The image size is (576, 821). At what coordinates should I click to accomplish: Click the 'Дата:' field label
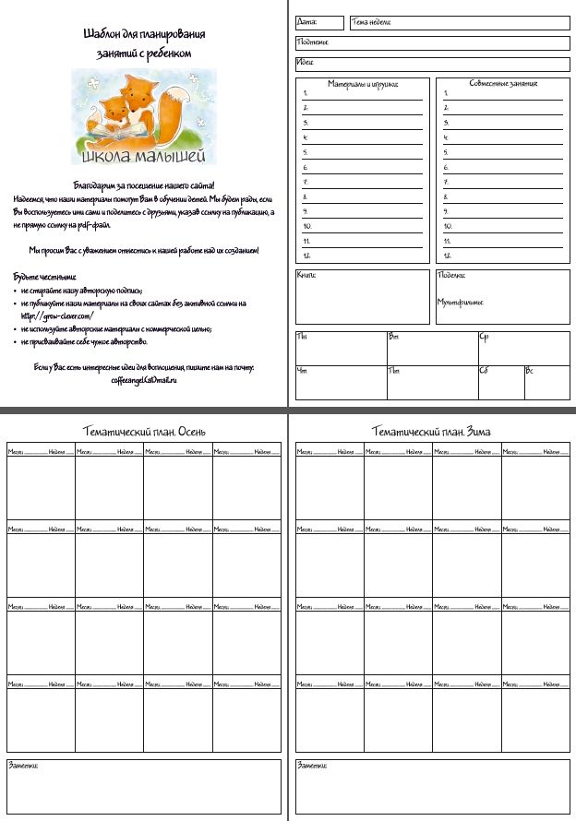coord(307,21)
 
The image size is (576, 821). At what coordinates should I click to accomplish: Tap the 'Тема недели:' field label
coord(371,21)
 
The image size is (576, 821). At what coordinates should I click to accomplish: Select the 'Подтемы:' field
coord(312,42)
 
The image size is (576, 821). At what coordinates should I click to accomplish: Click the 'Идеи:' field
coord(306,63)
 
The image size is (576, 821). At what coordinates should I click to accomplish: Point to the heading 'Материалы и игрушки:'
coord(363,84)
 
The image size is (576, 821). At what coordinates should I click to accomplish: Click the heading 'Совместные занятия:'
coord(503,84)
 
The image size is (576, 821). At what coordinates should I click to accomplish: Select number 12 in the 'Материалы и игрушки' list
coord(306,255)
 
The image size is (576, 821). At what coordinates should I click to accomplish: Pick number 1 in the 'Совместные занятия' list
coord(445,93)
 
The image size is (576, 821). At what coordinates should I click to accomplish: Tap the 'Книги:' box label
coord(306,275)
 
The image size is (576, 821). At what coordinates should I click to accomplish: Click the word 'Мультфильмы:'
coord(460,302)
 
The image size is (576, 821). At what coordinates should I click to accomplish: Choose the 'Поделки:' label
coord(451,275)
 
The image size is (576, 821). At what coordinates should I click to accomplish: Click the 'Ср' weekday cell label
coord(484,337)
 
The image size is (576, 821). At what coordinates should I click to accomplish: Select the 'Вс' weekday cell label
coord(530,371)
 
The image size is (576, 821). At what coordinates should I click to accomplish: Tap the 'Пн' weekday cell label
coord(302,337)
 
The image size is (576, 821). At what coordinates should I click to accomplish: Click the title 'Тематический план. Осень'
coord(144,432)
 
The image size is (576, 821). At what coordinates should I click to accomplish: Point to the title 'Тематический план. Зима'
coord(431,432)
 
